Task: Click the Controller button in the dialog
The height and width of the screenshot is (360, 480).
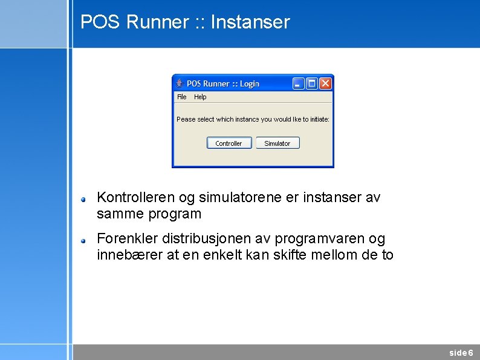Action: tap(229, 143)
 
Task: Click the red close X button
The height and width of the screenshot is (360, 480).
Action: tap(325, 83)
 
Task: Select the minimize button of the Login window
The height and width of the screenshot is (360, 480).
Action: tap(299, 83)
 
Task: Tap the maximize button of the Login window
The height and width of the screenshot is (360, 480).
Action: tap(312, 83)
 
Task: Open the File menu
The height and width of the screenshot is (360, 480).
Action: tap(181, 97)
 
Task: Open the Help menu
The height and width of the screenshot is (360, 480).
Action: tap(200, 97)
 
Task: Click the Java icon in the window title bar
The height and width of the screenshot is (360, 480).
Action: tap(180, 83)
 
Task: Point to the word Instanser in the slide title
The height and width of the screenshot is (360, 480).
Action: tap(250, 22)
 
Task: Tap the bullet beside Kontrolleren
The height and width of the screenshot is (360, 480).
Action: tap(85, 198)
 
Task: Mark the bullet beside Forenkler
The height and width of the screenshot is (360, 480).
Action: tap(85, 240)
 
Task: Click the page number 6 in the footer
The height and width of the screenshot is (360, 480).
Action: tap(471, 353)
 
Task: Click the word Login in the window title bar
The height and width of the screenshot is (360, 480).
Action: tap(249, 83)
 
